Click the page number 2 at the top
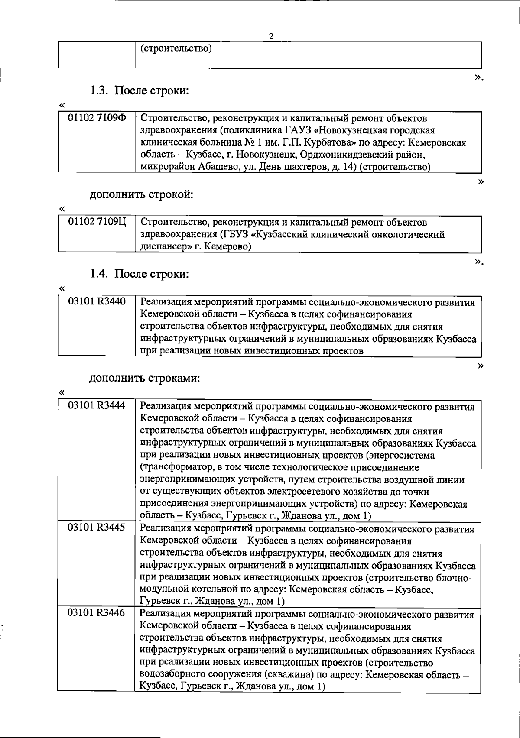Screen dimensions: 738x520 coord(271,36)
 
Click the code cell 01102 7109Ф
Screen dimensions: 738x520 coord(97,118)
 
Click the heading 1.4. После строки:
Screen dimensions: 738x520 coord(140,274)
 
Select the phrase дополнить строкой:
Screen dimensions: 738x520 coord(141,194)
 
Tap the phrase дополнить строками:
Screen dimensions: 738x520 coord(144,378)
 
